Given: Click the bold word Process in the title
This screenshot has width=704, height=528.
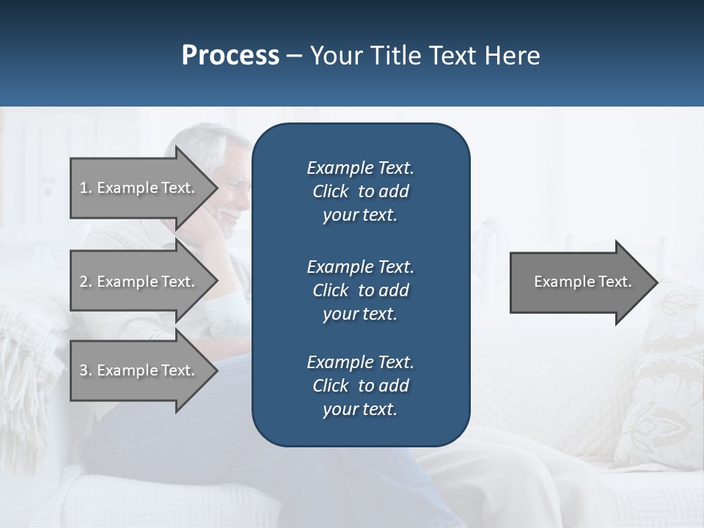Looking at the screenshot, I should (230, 56).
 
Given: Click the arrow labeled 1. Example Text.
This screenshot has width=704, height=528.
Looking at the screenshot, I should (139, 188).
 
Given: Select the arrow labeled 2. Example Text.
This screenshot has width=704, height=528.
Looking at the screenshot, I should (139, 282).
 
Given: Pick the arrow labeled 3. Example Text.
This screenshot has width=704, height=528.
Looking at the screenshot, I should (139, 370).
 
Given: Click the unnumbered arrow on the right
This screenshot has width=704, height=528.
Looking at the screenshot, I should (579, 282).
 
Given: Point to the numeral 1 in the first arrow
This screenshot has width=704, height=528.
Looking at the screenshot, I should (83, 188).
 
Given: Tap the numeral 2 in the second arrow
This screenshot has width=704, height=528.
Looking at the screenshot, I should (84, 282).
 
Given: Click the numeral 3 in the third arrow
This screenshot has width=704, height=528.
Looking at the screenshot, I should (84, 370).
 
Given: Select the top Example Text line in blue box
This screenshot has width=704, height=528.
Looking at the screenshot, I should (360, 168).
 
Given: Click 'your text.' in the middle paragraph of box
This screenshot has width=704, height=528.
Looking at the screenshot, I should (360, 314).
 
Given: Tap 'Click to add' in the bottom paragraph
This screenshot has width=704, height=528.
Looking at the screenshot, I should (360, 386).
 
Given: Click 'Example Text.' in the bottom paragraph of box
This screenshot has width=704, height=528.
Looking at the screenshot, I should (360, 362).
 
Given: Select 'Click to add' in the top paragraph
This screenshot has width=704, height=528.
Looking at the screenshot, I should (360, 191).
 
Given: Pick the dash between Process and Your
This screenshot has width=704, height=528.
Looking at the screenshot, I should (294, 56).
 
